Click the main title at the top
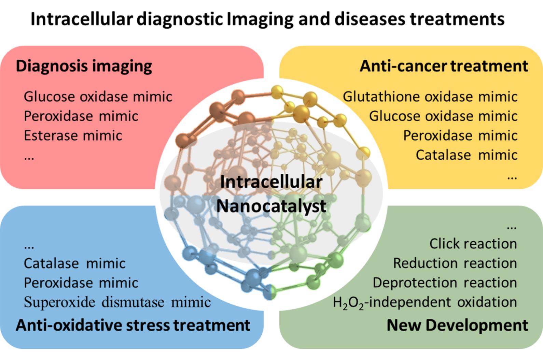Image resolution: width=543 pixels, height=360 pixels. point(267,19)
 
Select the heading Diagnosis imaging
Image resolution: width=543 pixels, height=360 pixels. point(84,66)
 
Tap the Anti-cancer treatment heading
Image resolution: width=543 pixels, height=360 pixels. point(444,66)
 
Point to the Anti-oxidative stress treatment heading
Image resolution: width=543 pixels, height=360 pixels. point(133,325)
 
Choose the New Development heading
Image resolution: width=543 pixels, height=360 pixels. point(457,325)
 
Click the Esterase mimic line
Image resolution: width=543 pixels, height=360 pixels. point(73,136)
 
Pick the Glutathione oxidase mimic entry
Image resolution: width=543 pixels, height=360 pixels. point(430,97)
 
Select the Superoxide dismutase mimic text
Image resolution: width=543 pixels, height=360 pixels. point(117,302)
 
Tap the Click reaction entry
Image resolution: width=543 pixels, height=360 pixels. point(473,244)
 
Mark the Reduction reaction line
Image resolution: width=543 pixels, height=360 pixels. point(455,263)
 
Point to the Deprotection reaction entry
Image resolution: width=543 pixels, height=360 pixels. point(445,283)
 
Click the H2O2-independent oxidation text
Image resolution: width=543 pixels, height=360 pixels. point(425,302)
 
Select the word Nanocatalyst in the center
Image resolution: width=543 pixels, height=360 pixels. point(271,206)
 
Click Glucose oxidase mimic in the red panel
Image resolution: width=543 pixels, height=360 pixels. point(98,97)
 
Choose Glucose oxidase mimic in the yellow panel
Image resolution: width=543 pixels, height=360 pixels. point(443,116)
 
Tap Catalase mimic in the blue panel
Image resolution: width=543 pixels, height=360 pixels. point(74,263)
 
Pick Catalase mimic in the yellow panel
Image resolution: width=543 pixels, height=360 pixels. point(467,155)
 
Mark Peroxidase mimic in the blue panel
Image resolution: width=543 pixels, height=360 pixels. point(81,283)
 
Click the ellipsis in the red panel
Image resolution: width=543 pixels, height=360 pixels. point(29,158)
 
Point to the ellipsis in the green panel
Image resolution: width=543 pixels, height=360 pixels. point(512,227)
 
